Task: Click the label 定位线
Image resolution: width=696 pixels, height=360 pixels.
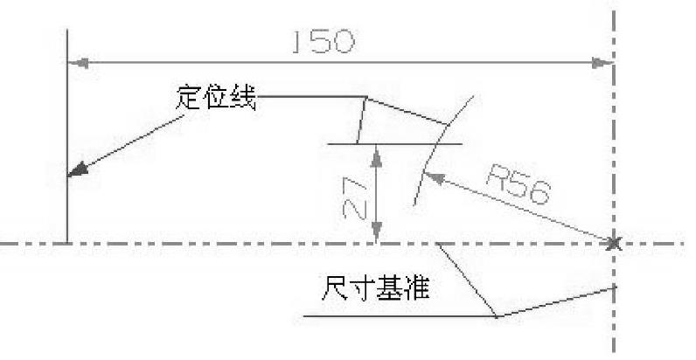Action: pos(215,97)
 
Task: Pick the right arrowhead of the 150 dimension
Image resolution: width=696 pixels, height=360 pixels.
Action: pos(603,63)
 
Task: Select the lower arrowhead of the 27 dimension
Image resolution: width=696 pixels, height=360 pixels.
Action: pos(376,234)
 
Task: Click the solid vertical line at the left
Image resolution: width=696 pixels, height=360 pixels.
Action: pos(67,131)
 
